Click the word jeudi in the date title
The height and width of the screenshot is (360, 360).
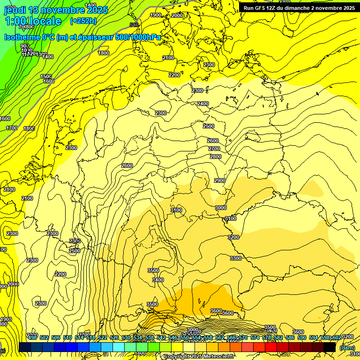click(15, 10)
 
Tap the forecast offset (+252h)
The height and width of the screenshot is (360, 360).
click(84, 21)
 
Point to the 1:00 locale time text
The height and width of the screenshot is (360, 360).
click(33, 21)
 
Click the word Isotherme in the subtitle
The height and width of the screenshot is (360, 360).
click(22, 37)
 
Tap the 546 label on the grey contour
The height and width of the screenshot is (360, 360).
click(134, 25)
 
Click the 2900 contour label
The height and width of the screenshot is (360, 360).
click(220, 180)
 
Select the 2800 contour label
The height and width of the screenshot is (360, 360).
click(215, 157)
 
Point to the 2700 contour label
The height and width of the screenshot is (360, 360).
click(214, 149)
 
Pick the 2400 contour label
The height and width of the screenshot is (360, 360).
click(203, 104)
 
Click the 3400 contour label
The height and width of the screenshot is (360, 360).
click(158, 280)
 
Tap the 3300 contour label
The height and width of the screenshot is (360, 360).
click(236, 258)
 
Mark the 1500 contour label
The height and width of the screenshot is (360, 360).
click(46, 76)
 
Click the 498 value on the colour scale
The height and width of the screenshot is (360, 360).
click(32, 337)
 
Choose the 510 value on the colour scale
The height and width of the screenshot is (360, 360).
click(67, 337)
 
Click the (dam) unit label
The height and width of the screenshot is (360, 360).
click(347, 348)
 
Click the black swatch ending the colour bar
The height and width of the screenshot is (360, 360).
click(330, 347)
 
